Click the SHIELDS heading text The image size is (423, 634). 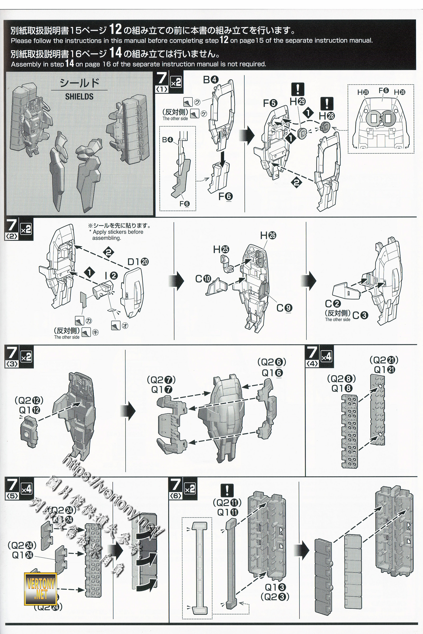(79, 96)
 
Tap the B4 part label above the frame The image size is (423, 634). (211, 80)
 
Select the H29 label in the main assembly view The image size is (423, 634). (297, 102)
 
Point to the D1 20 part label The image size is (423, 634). (138, 262)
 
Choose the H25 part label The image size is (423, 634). (221, 249)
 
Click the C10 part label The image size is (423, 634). (203, 279)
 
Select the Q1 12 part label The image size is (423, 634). (29, 410)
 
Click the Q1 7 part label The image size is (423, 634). (162, 389)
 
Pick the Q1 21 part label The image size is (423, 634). (384, 370)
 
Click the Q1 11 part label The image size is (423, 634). (228, 512)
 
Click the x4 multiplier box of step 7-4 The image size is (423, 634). (326, 357)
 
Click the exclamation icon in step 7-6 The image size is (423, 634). (227, 490)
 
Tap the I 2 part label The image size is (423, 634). (111, 276)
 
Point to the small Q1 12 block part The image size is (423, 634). (29, 432)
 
